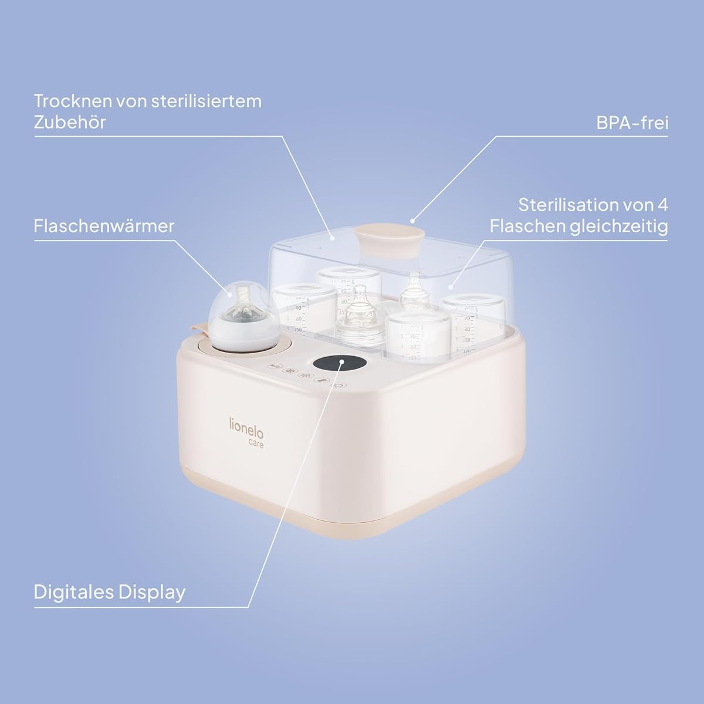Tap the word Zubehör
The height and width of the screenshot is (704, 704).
pos(70,122)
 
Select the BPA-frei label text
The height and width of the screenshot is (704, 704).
pos(632,123)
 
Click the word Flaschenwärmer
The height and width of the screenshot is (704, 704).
pos(104,226)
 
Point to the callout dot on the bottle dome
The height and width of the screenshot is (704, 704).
pos(230,293)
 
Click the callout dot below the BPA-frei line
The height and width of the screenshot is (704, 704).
pos(412,221)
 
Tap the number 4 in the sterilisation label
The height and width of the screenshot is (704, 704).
pos(663,205)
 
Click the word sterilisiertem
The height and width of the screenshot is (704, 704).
pos(207,101)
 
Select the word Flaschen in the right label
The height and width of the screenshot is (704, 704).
pos(526,226)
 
